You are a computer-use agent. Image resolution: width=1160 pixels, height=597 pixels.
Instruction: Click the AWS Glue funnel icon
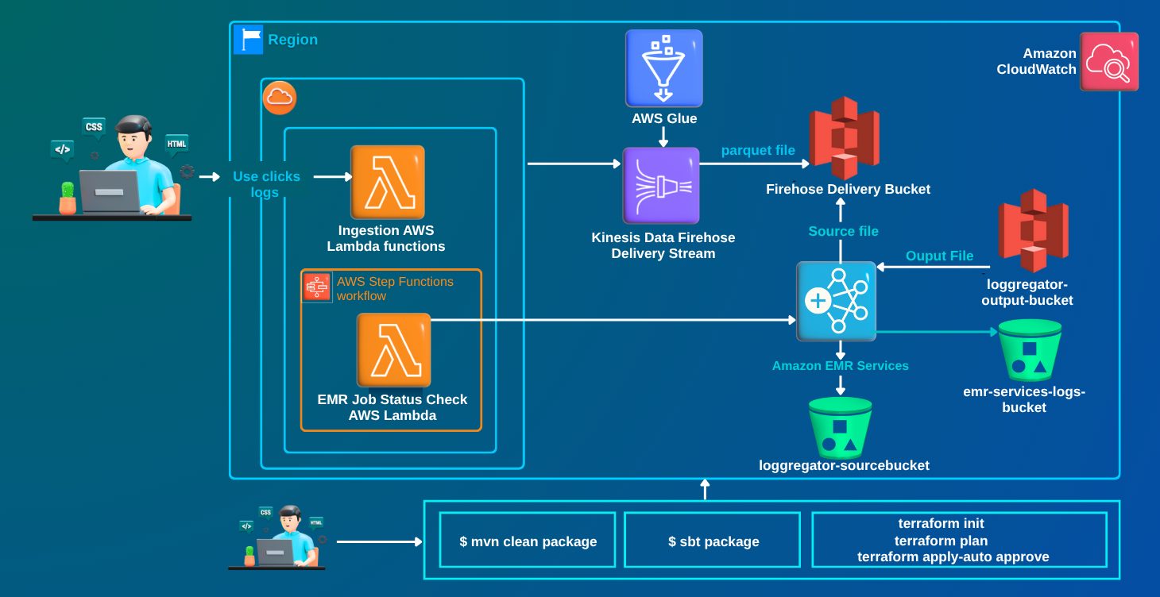point(663,68)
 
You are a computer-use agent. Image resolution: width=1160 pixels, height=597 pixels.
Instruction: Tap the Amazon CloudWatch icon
point(1108,62)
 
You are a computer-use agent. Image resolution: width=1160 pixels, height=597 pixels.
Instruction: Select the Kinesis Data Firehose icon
point(661,186)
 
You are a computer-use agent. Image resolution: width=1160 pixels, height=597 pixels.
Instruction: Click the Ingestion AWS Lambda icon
point(388,183)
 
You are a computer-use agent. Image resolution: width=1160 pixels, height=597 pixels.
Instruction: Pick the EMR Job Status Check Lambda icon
point(393,350)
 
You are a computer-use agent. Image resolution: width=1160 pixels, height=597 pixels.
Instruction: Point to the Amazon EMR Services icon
point(836,301)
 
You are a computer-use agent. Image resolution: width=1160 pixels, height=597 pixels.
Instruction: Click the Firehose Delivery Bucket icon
point(844,138)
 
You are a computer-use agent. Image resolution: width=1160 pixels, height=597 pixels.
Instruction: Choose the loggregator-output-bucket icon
point(1033,229)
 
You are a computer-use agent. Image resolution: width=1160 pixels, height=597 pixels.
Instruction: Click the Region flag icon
point(248,39)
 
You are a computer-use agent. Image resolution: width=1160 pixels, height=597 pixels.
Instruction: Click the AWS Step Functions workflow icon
point(317,287)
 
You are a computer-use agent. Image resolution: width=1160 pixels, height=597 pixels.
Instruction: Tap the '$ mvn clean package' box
point(528,541)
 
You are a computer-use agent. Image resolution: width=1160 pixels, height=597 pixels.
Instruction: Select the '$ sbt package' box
point(713,541)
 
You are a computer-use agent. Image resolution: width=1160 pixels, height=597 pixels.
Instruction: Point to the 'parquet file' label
point(758,150)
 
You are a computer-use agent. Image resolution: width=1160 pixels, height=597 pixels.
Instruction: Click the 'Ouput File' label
point(939,256)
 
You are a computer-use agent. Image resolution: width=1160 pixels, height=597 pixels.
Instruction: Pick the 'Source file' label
point(843,231)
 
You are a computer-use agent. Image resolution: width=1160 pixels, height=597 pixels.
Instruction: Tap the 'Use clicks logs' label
point(266,184)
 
